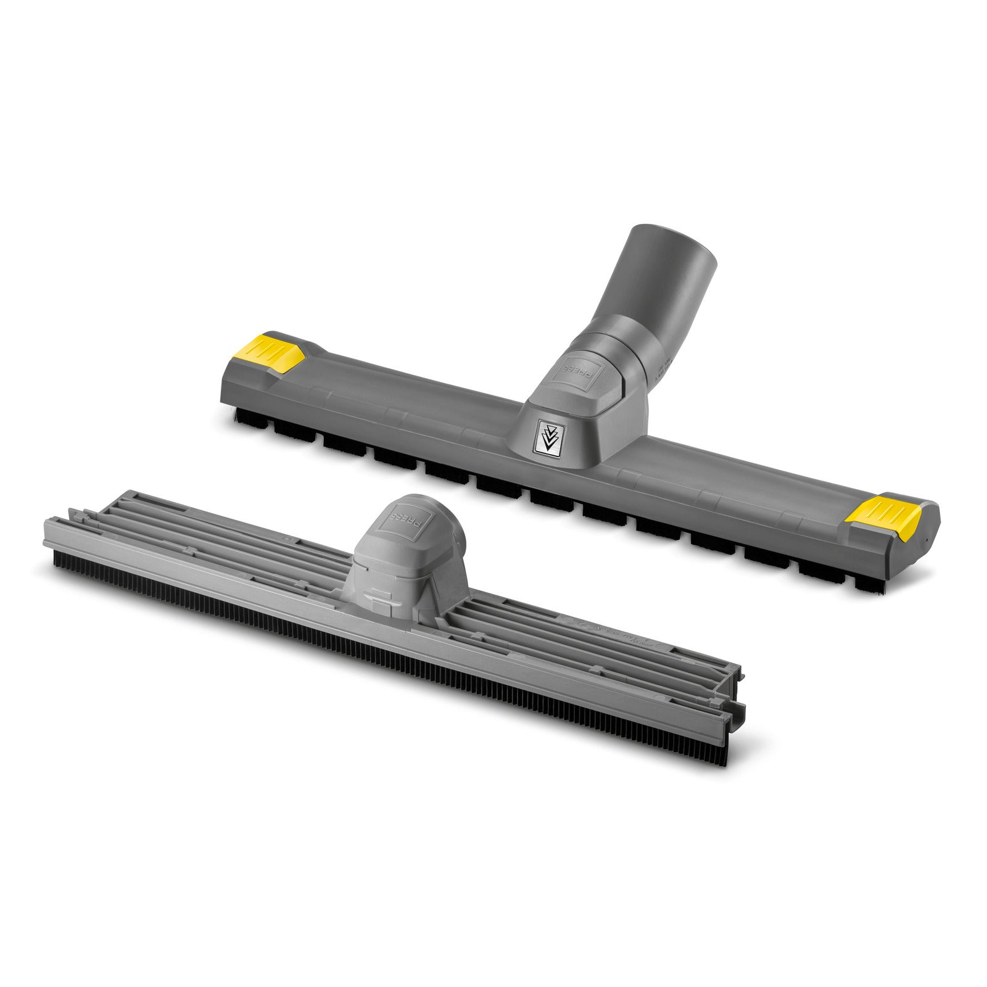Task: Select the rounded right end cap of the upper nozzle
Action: click(925, 531)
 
